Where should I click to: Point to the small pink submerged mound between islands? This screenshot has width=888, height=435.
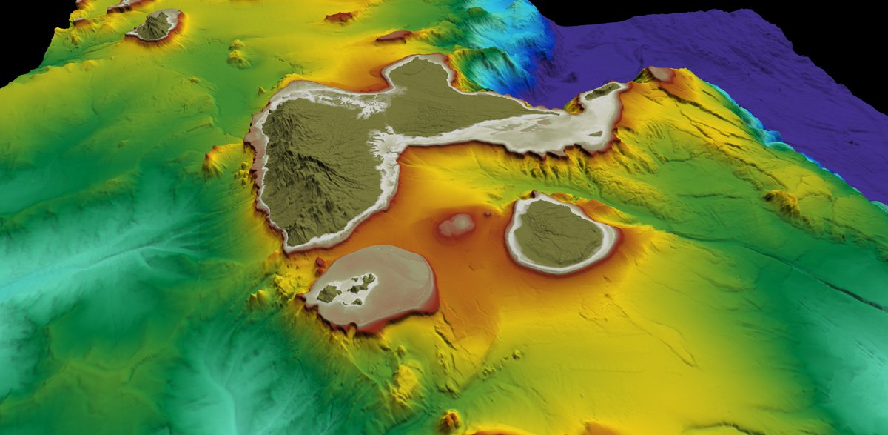pyautogui.click(x=457, y=224)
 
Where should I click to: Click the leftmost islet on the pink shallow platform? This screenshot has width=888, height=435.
pyautogui.click(x=329, y=293)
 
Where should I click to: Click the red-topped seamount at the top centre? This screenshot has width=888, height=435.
pyautogui.click(x=340, y=16)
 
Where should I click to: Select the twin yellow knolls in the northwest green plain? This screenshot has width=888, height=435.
pyautogui.click(x=238, y=53)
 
